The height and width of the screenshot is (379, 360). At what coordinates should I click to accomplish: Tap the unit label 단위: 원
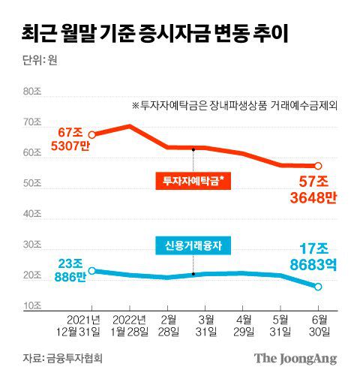(x=37, y=62)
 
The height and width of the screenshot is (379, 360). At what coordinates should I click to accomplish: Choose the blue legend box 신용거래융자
(x=193, y=245)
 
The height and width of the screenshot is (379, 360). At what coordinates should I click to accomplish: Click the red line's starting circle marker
(x=91, y=135)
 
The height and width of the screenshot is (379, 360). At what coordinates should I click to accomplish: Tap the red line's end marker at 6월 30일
(x=318, y=166)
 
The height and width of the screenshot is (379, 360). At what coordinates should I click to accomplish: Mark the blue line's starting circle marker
(x=91, y=271)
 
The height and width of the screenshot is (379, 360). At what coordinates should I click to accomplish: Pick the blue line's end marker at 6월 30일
(x=318, y=287)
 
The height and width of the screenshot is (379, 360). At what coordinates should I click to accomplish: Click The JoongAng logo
(x=294, y=358)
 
